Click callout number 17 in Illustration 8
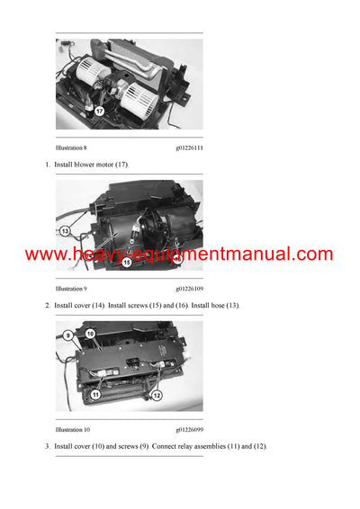tap(99, 112)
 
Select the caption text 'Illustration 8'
tap(71, 148)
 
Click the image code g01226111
tap(189, 148)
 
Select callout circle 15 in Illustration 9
tap(126, 263)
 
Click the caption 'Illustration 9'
tap(71, 290)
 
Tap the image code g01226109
tap(189, 290)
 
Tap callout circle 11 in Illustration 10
tap(95, 394)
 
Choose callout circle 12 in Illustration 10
tap(157, 396)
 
